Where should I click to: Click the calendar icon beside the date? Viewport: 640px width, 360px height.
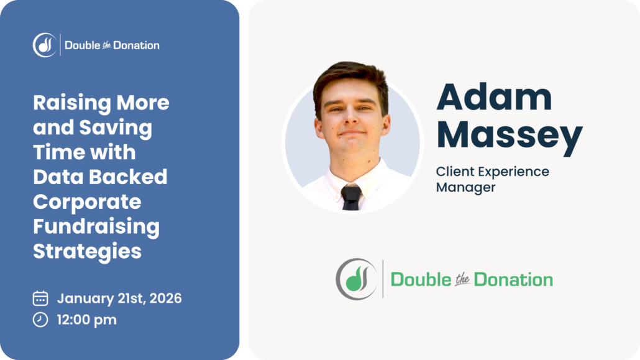40,298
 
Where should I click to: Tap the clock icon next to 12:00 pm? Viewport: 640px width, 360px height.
40,320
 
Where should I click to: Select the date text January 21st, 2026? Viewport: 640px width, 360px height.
119,298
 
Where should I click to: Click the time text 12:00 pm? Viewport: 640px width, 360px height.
87,320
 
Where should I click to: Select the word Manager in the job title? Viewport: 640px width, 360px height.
466,187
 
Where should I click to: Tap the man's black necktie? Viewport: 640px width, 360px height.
350,197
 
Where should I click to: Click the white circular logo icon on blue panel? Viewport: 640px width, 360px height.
45,45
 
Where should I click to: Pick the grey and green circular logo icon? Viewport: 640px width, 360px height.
356,279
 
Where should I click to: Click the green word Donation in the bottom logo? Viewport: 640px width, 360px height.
513,280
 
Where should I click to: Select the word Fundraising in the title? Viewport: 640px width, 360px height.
96,227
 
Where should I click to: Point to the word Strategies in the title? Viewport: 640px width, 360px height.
87,252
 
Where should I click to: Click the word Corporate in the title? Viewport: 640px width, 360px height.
87,202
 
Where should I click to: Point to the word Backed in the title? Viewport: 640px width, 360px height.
135,177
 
